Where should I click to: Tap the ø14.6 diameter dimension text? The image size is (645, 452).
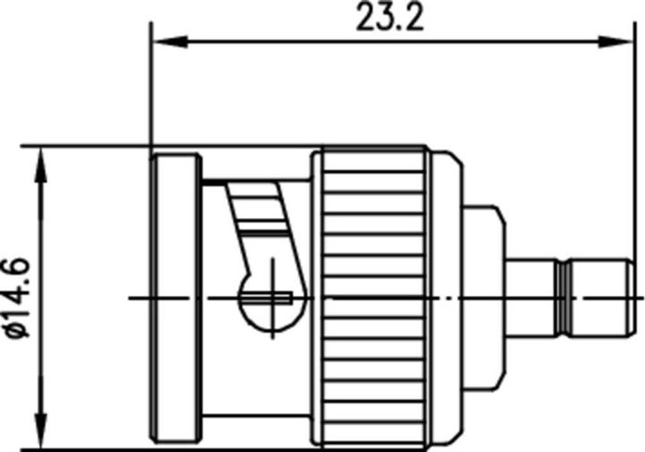click(18, 296)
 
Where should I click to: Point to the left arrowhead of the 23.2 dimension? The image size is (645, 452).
click(161, 39)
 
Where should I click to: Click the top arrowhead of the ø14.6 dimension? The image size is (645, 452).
click(39, 156)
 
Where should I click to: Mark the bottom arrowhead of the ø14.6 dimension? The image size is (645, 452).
click(39, 433)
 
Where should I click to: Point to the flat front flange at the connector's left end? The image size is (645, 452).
click(176, 296)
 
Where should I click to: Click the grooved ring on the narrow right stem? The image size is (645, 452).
click(563, 297)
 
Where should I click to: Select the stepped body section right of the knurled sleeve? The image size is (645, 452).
click(484, 296)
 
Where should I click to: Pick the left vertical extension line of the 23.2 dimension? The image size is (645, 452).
click(151, 90)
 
